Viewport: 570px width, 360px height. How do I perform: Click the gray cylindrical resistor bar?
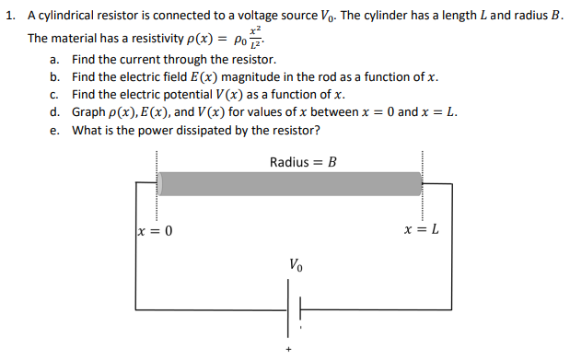tap(290, 183)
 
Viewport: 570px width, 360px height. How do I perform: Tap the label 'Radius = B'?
tap(304, 162)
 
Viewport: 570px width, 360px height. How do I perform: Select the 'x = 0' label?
tap(154, 229)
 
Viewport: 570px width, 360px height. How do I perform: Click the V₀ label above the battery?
tap(295, 265)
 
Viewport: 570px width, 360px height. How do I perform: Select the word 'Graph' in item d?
tap(90, 112)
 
